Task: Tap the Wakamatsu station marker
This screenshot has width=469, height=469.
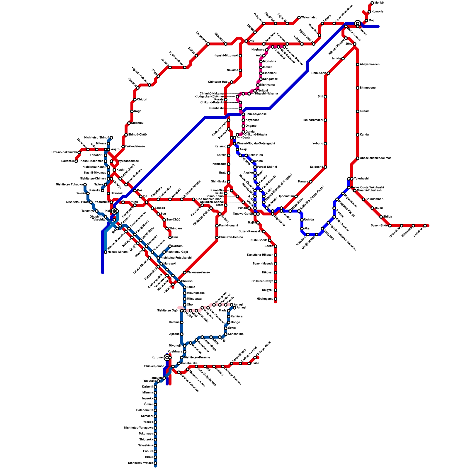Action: [x=299, y=18]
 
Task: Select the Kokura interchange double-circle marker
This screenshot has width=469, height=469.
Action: [x=358, y=23]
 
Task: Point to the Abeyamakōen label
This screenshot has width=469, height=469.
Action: [x=370, y=64]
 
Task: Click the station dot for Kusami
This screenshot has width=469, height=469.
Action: [x=358, y=111]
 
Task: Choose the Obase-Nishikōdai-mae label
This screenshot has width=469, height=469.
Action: [x=375, y=158]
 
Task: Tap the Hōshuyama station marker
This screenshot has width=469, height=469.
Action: [x=276, y=299]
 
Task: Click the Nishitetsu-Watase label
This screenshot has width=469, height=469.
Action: [x=140, y=463]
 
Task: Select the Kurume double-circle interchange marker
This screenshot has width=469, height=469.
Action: [x=167, y=358]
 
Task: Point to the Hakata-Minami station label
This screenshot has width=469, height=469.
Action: [x=118, y=252]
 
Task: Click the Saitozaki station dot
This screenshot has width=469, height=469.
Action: [x=76, y=161]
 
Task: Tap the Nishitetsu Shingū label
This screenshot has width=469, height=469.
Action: [x=96, y=138]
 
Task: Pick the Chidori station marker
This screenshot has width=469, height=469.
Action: [x=135, y=100]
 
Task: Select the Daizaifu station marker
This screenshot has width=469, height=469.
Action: [x=170, y=246]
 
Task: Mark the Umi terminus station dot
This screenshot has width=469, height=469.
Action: [x=170, y=237]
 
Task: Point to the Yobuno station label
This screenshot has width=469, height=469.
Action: [x=318, y=144]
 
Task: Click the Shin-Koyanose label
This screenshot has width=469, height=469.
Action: [x=256, y=114]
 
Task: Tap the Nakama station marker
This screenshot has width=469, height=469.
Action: [x=240, y=70]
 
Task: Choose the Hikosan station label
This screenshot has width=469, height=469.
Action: [x=267, y=273]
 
